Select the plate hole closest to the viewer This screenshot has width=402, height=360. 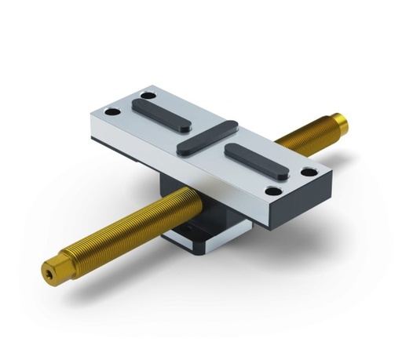coord(273,191)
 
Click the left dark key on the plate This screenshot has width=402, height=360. coord(161,114)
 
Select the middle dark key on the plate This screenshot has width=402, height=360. coord(206,135)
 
